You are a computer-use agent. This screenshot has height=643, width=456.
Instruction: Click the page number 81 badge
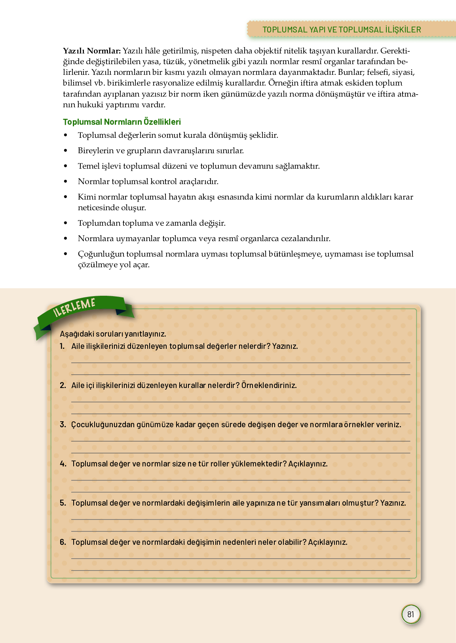pos(410,614)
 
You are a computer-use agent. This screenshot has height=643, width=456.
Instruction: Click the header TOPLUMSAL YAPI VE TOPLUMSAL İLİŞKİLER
pos(342,30)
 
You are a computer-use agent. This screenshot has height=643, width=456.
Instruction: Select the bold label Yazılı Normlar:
pos(92,51)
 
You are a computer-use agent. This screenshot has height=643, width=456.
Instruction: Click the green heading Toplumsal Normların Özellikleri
pos(122,122)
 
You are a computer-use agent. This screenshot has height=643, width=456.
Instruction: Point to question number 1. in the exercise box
pos(62,346)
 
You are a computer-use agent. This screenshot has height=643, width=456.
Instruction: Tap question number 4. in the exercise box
pos(63,464)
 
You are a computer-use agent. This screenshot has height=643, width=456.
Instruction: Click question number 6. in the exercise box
pos(63,542)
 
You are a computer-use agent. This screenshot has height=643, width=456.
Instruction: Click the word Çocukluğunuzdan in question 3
pos(103,424)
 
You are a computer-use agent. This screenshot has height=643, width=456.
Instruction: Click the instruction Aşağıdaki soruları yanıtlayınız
pos(113,334)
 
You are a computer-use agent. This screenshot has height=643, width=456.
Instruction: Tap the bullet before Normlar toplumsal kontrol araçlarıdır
pos(66,182)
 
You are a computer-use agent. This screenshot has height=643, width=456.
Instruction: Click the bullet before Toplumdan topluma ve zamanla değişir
pos(66,223)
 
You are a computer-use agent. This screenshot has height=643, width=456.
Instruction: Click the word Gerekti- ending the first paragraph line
pos(395,51)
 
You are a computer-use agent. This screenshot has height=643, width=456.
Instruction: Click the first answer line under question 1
pos(241,362)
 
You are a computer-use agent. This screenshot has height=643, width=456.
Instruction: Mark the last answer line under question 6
pos(241,570)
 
